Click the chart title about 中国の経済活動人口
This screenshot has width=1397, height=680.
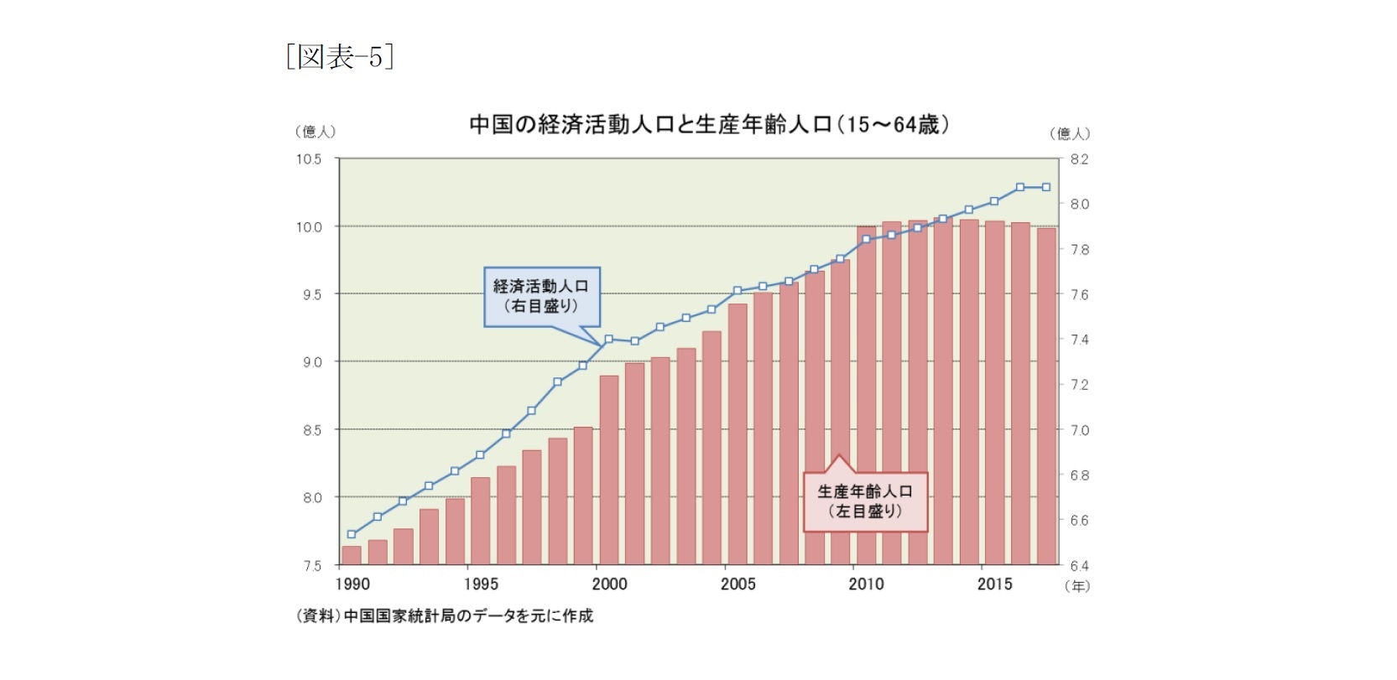click(709, 125)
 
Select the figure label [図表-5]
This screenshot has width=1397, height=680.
click(340, 57)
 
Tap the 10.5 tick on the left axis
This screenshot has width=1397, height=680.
click(309, 158)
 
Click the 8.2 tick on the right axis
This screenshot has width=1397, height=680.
click(1079, 158)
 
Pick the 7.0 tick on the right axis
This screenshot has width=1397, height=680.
click(1079, 430)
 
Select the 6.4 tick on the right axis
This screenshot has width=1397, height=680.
click(1079, 566)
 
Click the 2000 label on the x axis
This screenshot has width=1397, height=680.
click(609, 584)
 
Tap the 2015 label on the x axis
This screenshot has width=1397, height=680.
click(994, 584)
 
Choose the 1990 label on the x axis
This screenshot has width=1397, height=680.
click(352, 584)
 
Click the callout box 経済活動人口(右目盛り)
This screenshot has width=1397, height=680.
click(541, 296)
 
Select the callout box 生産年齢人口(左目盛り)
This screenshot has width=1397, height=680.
click(865, 501)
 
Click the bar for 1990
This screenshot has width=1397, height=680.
click(352, 555)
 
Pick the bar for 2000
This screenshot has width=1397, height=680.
click(609, 470)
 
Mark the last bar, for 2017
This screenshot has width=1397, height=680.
click(1046, 396)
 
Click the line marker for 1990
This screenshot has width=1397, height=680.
click(352, 534)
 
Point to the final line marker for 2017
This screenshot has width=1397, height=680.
click(1046, 187)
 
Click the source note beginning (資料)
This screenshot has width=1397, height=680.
click(444, 616)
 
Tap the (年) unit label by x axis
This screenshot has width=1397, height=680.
click(1077, 586)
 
